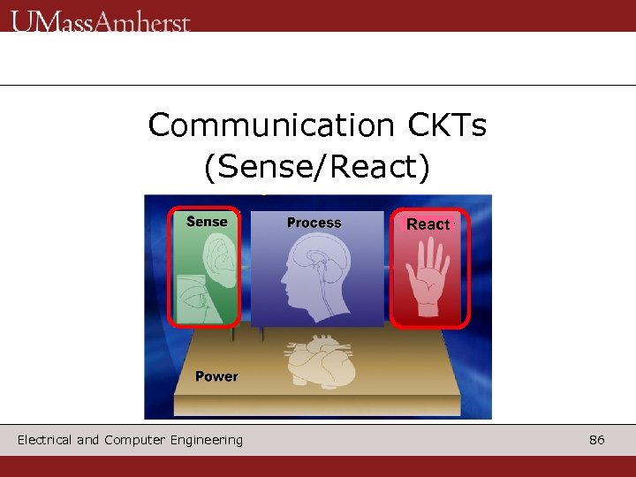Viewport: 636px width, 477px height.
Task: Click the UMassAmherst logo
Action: (101, 20)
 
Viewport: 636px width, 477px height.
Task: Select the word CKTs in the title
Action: (447, 125)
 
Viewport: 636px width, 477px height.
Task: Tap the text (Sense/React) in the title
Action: (317, 167)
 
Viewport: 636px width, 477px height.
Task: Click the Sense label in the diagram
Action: (207, 222)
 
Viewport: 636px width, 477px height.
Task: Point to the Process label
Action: (314, 223)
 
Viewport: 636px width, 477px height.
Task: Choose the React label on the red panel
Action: (428, 224)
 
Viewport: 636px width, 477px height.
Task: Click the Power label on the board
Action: (216, 376)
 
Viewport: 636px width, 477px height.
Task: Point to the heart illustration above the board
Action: (318, 362)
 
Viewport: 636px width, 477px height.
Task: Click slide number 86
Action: (597, 440)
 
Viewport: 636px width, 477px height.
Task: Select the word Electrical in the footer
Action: (45, 440)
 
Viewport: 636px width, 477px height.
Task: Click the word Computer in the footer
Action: (132, 440)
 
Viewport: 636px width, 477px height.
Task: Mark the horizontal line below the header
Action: (318, 86)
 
